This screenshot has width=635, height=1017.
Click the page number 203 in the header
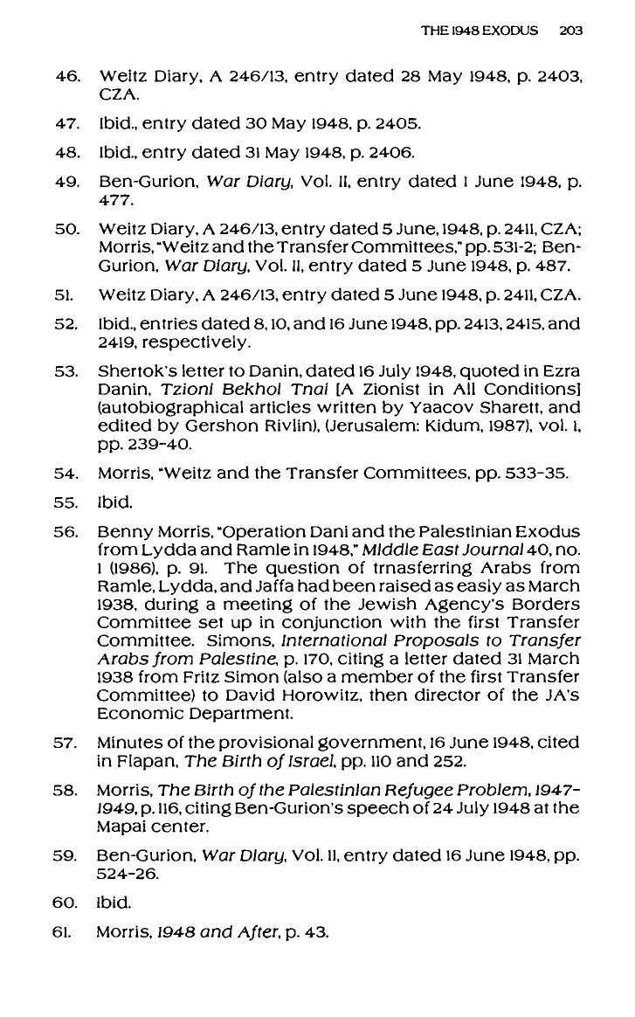(570, 31)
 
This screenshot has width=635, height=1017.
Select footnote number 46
(66, 76)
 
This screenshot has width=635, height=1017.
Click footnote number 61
(66, 932)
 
